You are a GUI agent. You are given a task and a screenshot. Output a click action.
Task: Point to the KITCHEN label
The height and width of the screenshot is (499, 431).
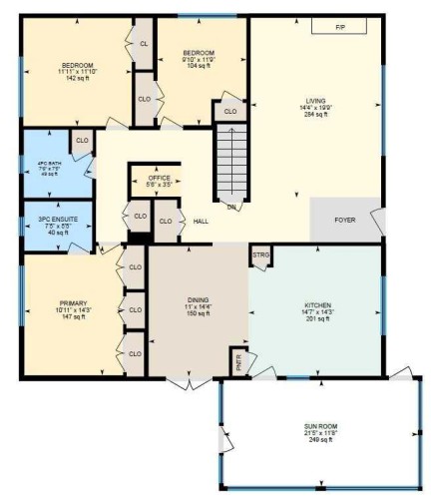click(x=317, y=304)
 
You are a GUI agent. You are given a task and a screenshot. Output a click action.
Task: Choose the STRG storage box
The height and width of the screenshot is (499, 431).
click(x=260, y=254)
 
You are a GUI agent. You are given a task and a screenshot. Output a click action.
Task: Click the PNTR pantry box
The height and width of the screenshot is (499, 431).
click(x=238, y=363)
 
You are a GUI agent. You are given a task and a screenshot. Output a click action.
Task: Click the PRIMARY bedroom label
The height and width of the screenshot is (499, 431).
click(x=74, y=302)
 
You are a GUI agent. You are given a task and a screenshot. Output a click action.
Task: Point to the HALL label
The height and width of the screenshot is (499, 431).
click(x=200, y=221)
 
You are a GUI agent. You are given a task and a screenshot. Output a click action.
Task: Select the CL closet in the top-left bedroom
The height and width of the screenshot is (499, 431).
click(x=144, y=44)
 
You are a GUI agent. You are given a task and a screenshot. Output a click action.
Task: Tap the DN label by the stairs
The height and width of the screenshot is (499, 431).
click(x=230, y=206)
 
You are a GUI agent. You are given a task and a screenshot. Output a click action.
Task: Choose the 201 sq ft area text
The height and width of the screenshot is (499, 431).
click(x=317, y=319)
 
